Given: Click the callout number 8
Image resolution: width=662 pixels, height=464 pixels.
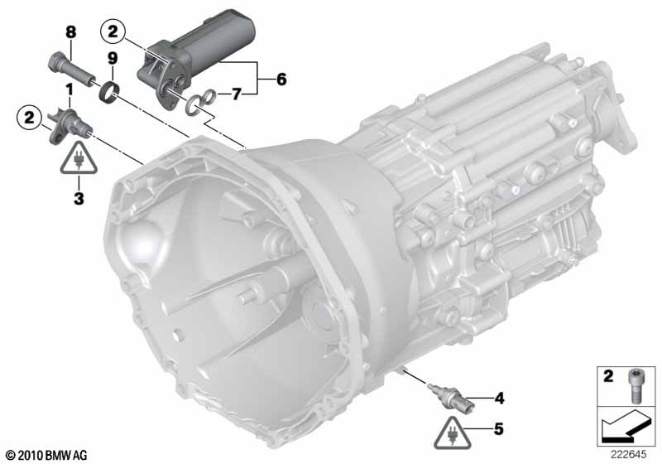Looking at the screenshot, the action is coord(71,32).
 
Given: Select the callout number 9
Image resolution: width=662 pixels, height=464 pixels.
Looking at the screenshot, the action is coord(112,59).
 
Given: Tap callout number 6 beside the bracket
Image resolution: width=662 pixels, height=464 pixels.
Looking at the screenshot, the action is coord(281,79).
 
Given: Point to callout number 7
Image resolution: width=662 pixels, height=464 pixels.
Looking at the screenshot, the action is coord(237,94).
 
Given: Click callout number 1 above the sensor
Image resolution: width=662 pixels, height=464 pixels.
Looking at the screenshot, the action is coord(69,89).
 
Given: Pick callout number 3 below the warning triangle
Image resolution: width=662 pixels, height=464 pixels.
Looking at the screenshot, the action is coord(79,198).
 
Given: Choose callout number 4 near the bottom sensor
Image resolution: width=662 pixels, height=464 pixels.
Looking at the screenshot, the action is coord(499,398).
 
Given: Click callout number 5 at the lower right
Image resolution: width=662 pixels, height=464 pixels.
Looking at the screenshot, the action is coord(499,429).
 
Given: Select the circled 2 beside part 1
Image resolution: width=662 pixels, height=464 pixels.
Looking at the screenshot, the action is coord(29,118).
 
